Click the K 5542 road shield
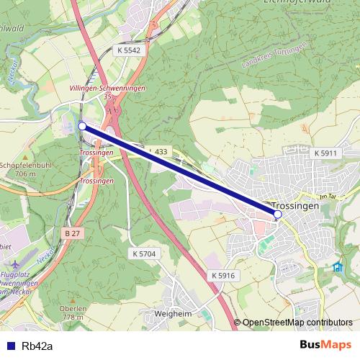coord(128,51)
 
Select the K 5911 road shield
coord(325,154)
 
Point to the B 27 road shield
coord(71,233)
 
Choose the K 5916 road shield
coord(223,276)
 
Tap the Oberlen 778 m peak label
coord(73,312)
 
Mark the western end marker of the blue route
coord(82,126)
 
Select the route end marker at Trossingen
coord(278,214)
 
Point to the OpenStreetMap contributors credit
coord(297,322)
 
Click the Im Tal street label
coord(327,197)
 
